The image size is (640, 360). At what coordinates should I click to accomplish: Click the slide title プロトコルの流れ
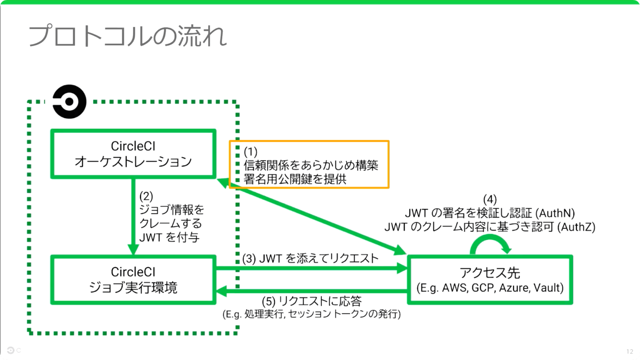(x=127, y=36)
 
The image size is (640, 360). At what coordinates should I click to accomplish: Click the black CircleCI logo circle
(x=69, y=102)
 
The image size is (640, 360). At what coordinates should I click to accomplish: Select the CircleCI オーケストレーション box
(x=133, y=154)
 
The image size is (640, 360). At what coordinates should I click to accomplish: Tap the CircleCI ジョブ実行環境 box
(x=133, y=280)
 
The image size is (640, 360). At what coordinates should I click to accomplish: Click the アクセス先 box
(x=490, y=280)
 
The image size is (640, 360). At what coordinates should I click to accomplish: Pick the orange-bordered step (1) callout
(x=309, y=165)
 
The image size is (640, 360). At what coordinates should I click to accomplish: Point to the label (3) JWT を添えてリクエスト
(x=310, y=259)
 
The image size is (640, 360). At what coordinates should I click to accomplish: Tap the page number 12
(x=630, y=352)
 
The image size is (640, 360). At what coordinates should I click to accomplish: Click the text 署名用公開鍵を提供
(x=295, y=179)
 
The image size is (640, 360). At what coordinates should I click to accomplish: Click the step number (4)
(x=490, y=199)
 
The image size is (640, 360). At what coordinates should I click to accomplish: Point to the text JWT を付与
(x=169, y=237)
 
